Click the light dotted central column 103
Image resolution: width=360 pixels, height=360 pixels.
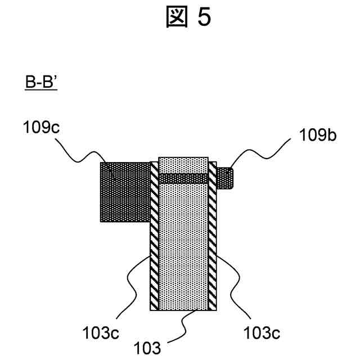[183, 247]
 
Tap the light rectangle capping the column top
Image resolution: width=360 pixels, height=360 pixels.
[183, 165]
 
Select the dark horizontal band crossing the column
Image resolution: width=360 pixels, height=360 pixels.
[183, 178]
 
